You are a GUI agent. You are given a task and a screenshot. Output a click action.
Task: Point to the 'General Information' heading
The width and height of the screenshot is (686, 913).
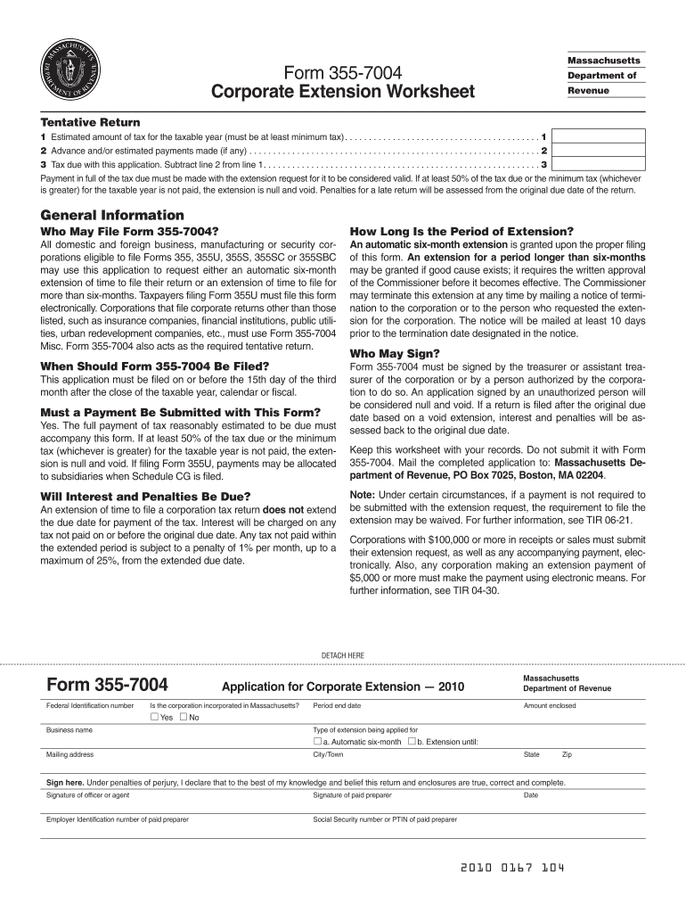tap(112, 215)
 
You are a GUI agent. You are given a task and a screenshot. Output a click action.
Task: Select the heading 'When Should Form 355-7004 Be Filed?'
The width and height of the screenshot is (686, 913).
tap(155, 366)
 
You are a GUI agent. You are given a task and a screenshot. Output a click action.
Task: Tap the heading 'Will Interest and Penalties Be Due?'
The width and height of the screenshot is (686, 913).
tap(145, 496)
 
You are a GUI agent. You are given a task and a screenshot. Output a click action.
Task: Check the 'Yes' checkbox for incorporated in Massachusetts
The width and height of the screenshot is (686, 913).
tap(154, 717)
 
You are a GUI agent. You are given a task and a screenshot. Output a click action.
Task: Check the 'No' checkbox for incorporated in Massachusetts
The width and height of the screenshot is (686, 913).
tap(184, 717)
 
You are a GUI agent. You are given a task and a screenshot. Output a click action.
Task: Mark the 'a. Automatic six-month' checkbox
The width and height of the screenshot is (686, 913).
tap(318, 741)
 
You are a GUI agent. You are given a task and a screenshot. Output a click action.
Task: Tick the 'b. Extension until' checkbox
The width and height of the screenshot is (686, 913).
tap(412, 741)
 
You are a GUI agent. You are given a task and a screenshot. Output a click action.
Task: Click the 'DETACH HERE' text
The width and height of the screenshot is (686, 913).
tap(343, 655)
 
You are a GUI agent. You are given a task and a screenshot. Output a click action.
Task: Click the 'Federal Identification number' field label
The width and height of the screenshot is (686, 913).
tap(89, 705)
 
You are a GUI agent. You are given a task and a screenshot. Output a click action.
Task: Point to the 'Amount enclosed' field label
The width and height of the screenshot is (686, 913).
tap(550, 705)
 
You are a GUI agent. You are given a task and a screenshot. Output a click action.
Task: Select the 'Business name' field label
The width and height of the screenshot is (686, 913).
tap(69, 729)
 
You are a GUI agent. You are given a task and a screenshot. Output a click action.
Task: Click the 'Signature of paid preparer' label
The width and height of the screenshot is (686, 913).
tap(352, 794)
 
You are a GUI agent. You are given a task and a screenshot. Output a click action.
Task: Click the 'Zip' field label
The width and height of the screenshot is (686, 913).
tap(567, 754)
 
